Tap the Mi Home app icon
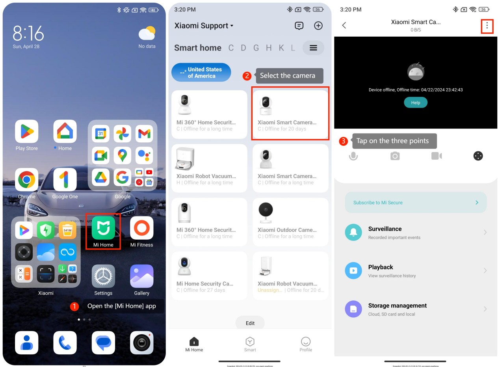(x=103, y=227)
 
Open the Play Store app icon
(x=27, y=132)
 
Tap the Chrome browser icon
(x=27, y=180)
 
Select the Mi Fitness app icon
(x=141, y=227)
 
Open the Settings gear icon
(x=103, y=276)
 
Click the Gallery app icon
(x=141, y=276)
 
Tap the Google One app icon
(x=65, y=180)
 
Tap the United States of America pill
(x=201, y=73)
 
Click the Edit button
(x=250, y=323)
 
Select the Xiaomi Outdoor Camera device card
(x=290, y=221)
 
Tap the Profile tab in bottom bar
(x=305, y=344)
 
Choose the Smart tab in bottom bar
(x=250, y=344)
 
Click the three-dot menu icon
(x=487, y=26)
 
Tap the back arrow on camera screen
(x=344, y=26)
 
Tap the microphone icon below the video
(x=353, y=156)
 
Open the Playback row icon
(x=353, y=270)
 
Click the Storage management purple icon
(x=353, y=309)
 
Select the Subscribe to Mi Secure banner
(x=416, y=203)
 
